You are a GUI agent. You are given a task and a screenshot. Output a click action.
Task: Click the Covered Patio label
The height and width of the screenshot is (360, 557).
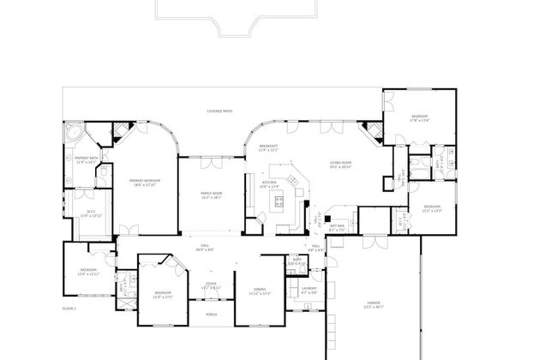(219, 111)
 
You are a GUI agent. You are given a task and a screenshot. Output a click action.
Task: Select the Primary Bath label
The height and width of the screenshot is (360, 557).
(84, 160)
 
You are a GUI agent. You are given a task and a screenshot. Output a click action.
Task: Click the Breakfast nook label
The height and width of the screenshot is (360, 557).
(268, 147)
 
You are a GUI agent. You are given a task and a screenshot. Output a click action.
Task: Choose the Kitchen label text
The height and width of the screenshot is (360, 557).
(269, 183)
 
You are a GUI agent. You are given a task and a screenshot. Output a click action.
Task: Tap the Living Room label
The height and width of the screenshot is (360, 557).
(341, 165)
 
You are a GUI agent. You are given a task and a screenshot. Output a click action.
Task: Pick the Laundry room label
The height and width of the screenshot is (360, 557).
(308, 289)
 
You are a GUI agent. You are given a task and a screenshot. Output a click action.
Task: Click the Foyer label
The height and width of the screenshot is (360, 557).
(211, 285)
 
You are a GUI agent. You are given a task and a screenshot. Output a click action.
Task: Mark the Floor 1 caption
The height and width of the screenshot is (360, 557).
(70, 307)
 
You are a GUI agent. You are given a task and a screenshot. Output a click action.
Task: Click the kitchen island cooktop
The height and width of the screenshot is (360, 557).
(278, 202)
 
